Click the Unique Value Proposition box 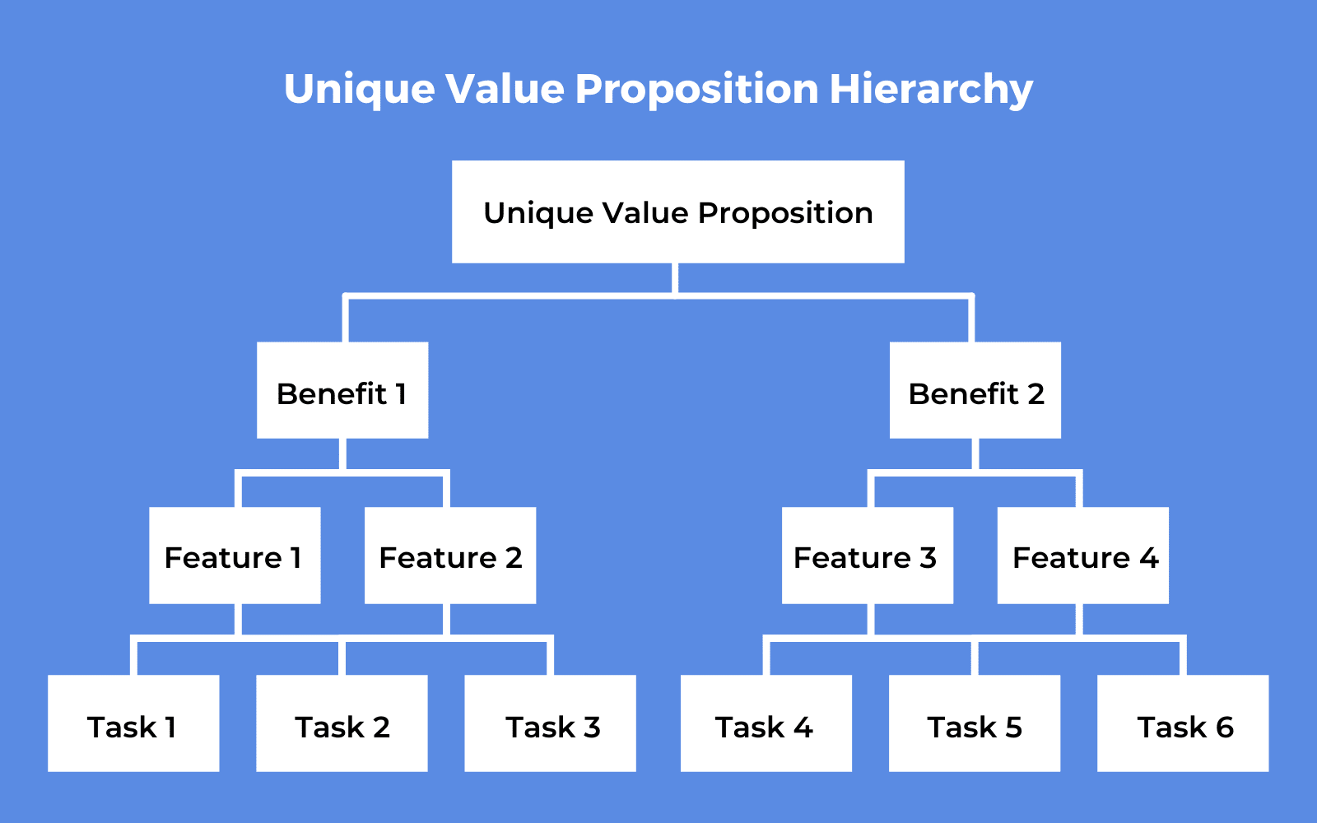click(678, 212)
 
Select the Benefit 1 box click(342, 390)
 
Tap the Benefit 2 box click(975, 390)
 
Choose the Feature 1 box click(235, 556)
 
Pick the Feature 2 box click(450, 556)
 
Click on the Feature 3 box click(868, 556)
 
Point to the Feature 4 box click(1083, 556)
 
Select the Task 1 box click(133, 723)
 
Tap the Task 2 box click(342, 723)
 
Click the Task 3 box click(551, 723)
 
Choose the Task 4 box click(766, 723)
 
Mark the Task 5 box click(975, 723)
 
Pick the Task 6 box click(1183, 723)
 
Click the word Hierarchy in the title click(931, 90)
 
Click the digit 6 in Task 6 click(1225, 728)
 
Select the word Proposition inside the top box click(785, 213)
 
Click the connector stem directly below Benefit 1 click(342, 453)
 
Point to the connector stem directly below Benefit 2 click(975, 453)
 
